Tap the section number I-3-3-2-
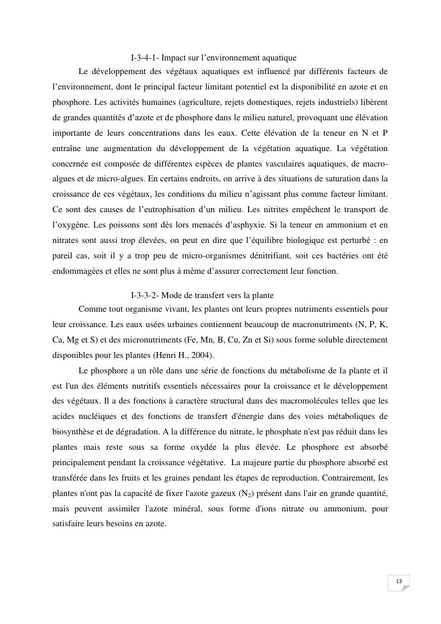[x=144, y=295]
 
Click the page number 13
[x=399, y=581]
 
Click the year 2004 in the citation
[x=202, y=355]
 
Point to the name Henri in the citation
[x=168, y=355]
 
